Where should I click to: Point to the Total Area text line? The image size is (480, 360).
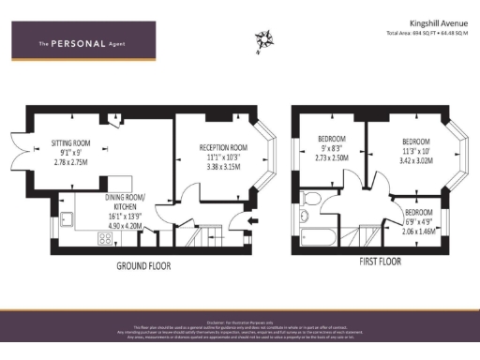[x=427, y=33]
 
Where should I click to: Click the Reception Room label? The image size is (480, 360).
[x=223, y=147]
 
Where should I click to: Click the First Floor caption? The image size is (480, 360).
[x=374, y=262]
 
